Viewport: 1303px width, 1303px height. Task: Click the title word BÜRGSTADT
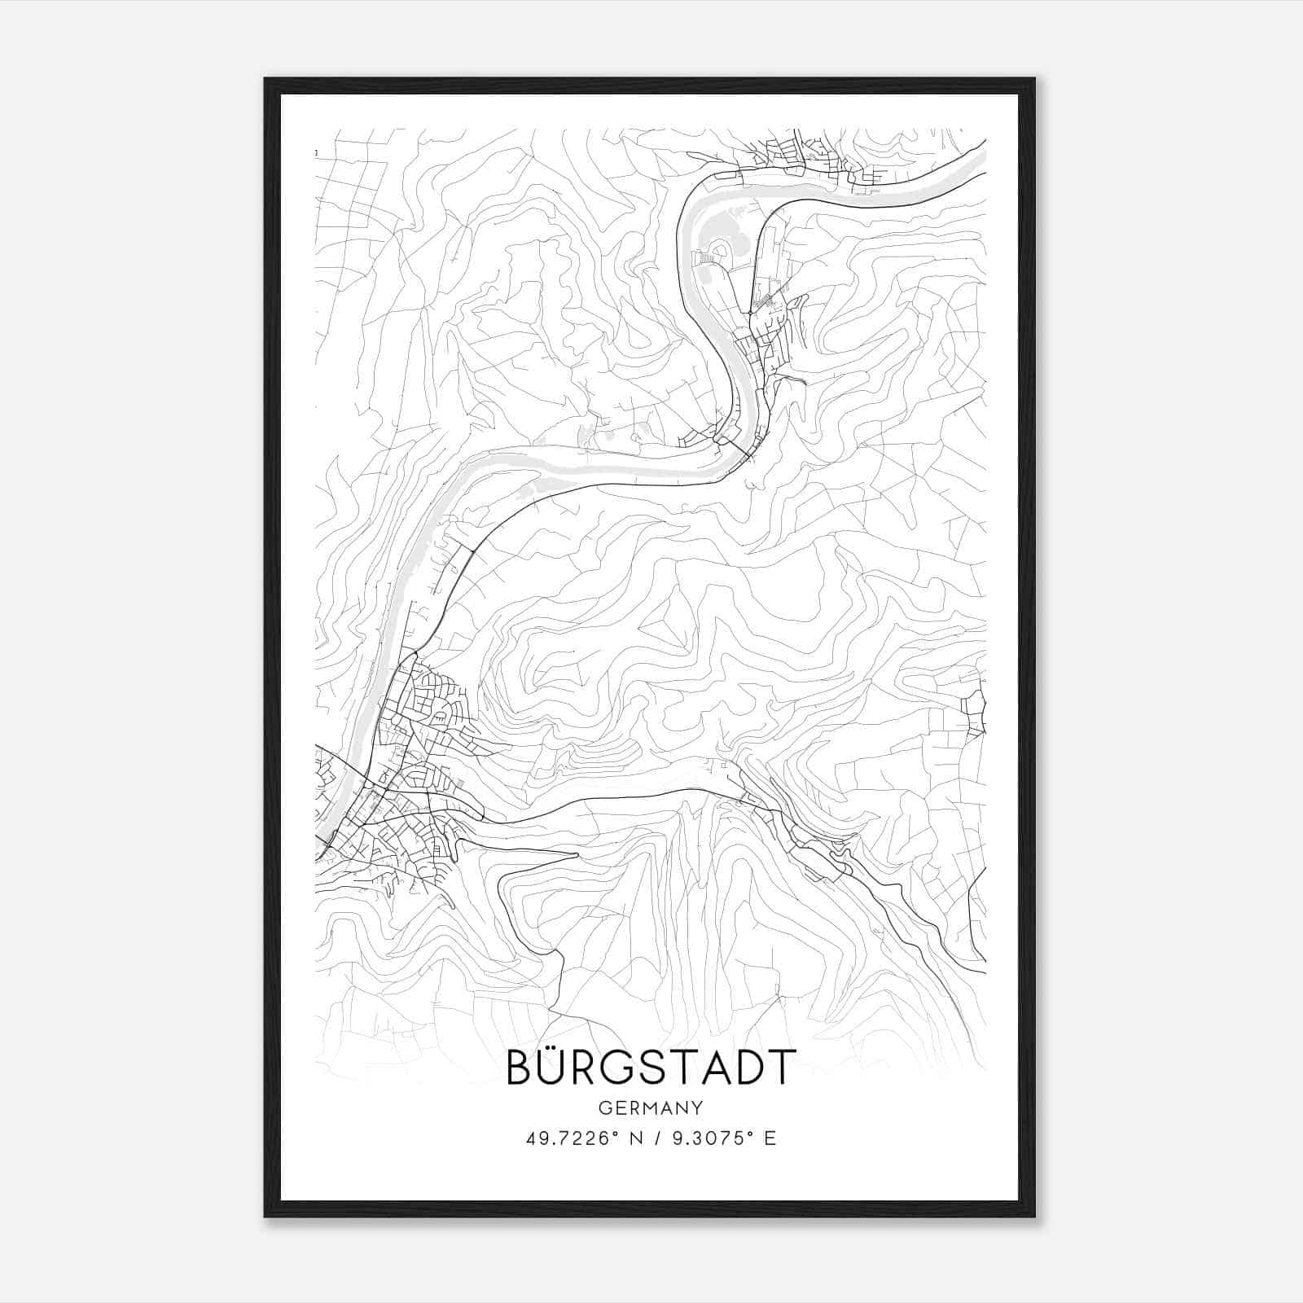point(650,1067)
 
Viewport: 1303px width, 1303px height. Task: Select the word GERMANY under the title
point(650,1108)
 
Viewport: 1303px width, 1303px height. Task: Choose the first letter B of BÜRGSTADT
point(521,1067)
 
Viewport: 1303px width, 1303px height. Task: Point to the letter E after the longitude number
point(770,1138)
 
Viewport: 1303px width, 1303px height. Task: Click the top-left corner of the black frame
point(266,80)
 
